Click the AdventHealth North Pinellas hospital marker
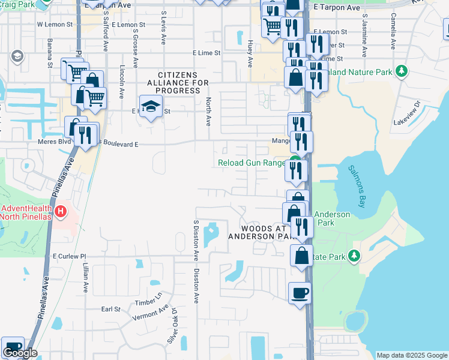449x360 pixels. (x=60, y=212)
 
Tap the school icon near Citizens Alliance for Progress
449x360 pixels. (x=149, y=107)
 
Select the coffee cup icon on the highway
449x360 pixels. (x=300, y=293)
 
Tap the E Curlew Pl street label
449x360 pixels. (x=70, y=256)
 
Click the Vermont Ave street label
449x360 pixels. (x=151, y=313)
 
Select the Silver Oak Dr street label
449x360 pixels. (x=173, y=327)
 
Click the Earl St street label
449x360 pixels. (x=111, y=309)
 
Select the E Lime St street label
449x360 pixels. (x=206, y=53)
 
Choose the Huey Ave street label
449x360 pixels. (x=250, y=53)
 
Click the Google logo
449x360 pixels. (x=20, y=353)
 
